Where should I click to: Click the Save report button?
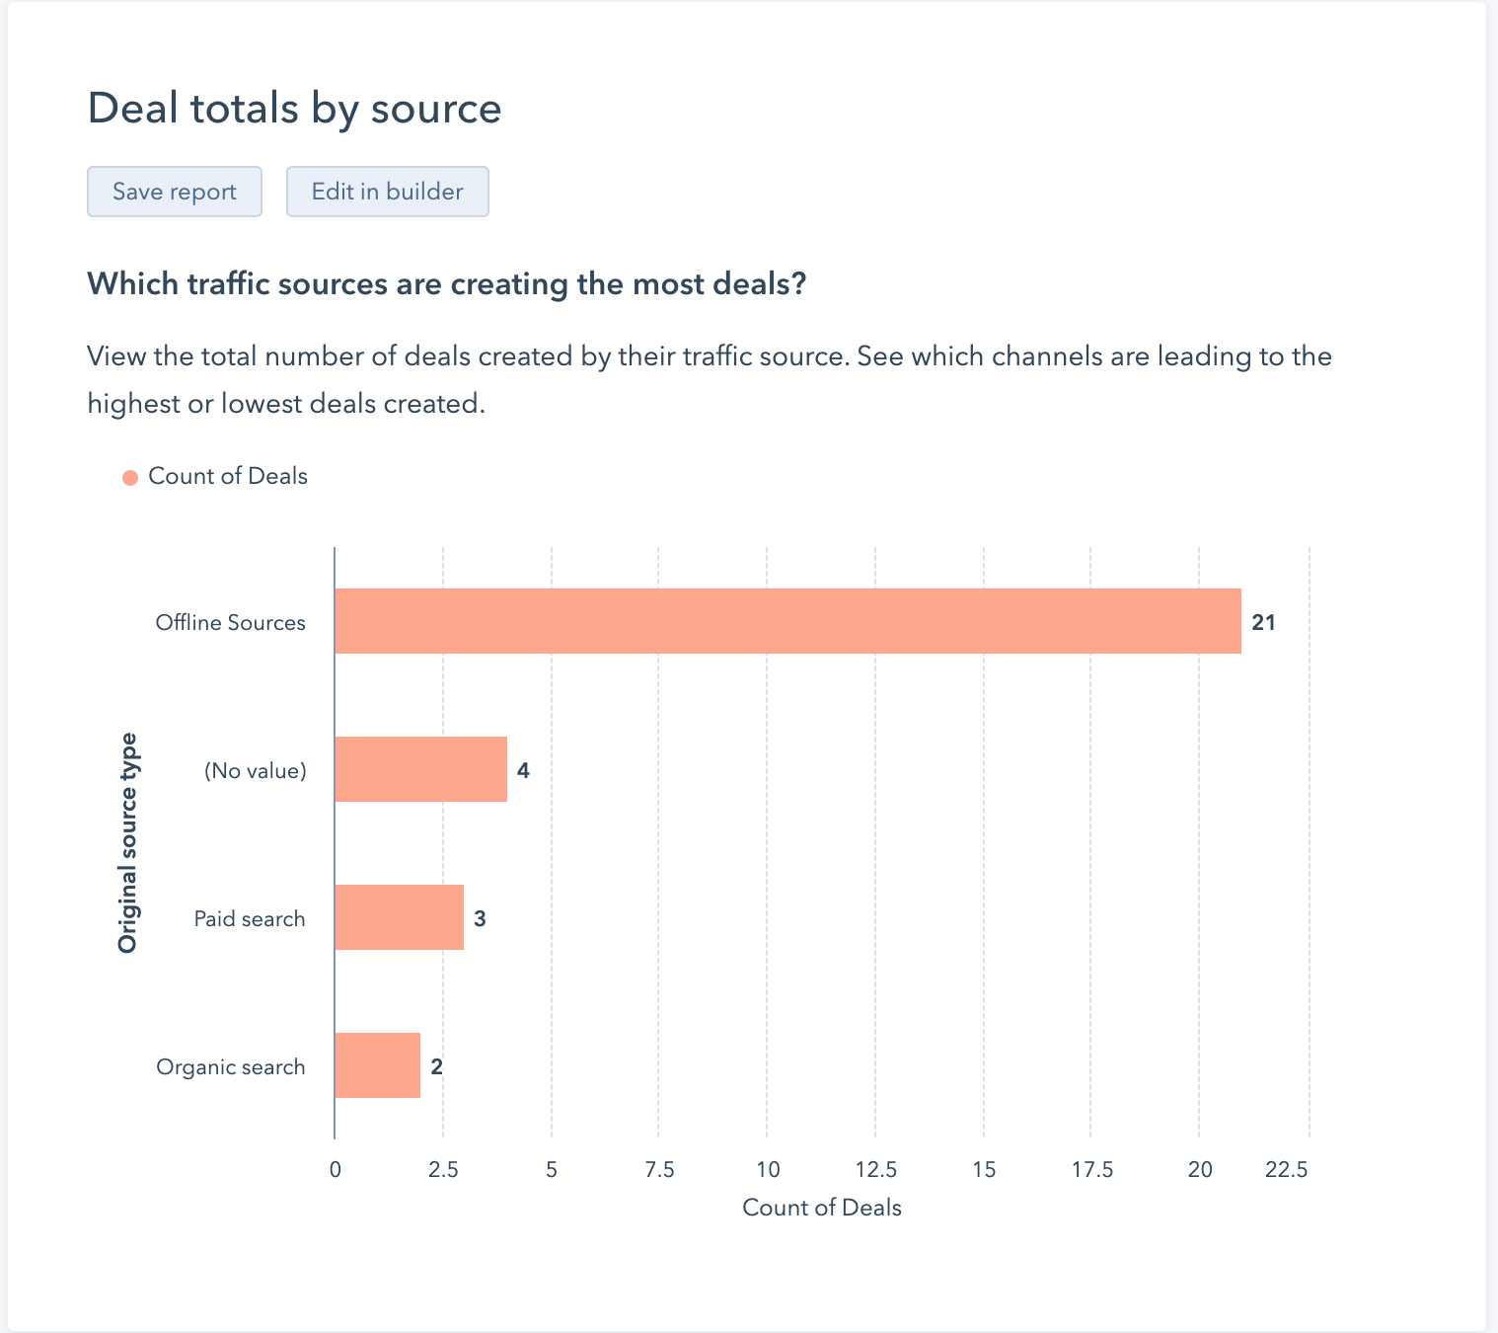click(175, 192)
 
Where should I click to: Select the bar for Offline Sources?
click(787, 621)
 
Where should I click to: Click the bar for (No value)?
click(420, 769)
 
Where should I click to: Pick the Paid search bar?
click(399, 917)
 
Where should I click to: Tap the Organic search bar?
click(377, 1065)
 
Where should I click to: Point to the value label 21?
click(1263, 622)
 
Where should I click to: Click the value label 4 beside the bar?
click(523, 770)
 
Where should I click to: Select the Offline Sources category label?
click(231, 623)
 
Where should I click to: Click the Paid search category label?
click(250, 919)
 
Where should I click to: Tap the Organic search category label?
click(231, 1067)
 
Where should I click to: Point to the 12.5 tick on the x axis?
click(875, 1170)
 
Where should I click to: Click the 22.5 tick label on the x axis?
click(1287, 1170)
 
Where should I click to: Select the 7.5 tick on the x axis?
click(659, 1170)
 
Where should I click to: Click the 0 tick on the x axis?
click(336, 1170)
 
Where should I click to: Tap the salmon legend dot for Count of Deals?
click(130, 478)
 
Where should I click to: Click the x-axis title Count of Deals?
click(822, 1208)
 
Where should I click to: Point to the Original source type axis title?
click(128, 843)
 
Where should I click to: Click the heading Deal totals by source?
click(294, 108)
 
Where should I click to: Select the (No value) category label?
click(256, 771)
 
